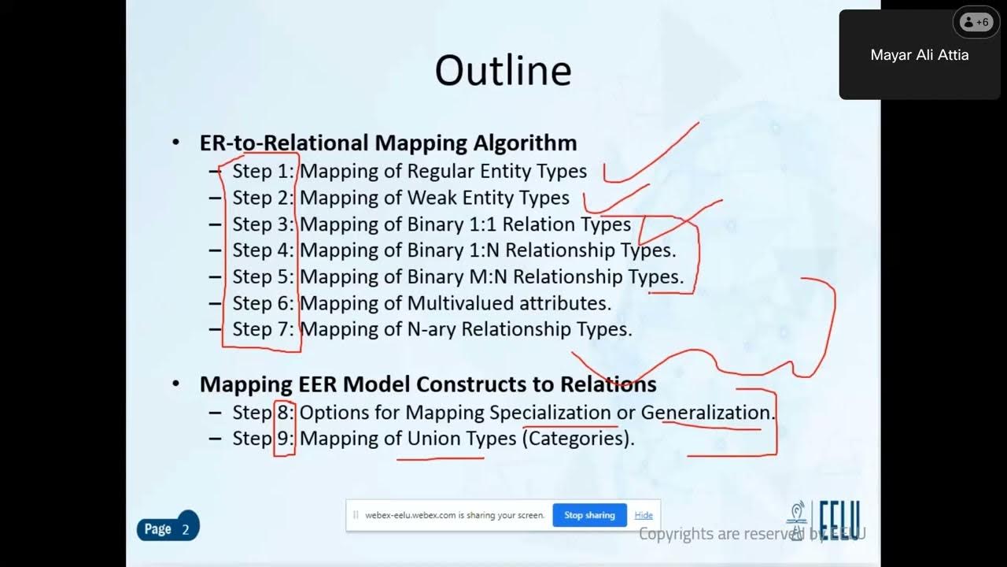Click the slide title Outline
(503, 70)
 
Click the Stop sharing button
(589, 515)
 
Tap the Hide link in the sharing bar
(644, 515)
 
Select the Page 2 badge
(167, 528)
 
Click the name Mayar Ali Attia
(919, 55)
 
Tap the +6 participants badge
(976, 22)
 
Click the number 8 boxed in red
(284, 412)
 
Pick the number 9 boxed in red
(284, 438)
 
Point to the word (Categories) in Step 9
(577, 438)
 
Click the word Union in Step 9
(430, 438)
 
